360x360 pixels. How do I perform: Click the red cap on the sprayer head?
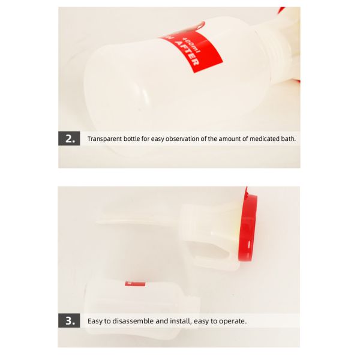point(247,228)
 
